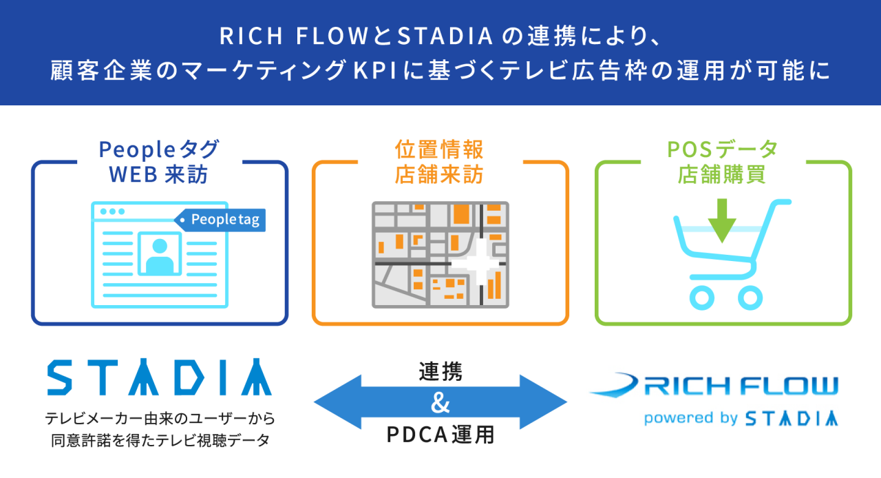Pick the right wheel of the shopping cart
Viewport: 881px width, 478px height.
click(750, 296)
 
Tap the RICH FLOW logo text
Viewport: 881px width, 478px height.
click(740, 386)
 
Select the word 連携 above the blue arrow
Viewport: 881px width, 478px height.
click(440, 372)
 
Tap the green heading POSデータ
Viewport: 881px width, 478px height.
click(723, 149)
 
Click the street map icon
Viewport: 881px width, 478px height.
click(440, 254)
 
